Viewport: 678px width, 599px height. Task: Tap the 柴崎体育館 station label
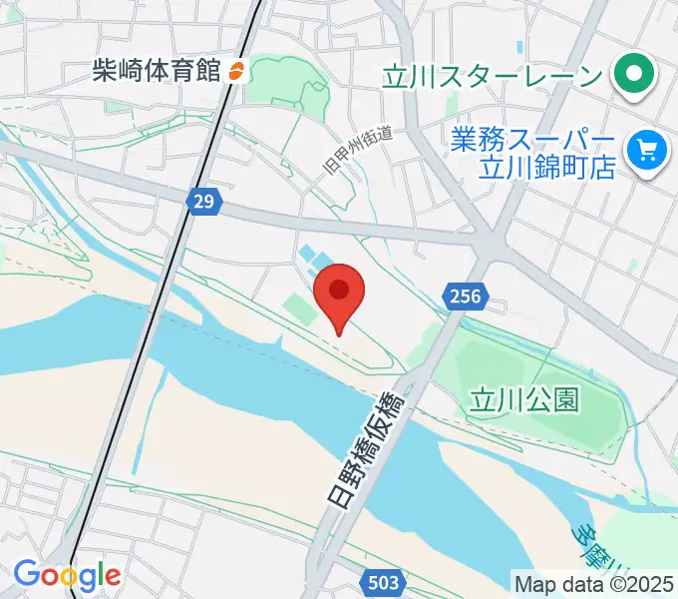pos(156,71)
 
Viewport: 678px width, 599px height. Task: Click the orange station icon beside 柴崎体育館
pos(236,71)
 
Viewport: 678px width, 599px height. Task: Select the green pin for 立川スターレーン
pos(631,74)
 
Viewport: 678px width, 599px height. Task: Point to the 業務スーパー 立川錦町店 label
pos(534,152)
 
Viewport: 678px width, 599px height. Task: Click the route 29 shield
pos(203,202)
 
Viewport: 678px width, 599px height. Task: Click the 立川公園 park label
pos(524,400)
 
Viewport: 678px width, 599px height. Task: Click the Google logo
pos(67,575)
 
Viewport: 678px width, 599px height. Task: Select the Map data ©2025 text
pos(593,583)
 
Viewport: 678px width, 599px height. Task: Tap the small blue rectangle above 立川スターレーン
pos(518,48)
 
